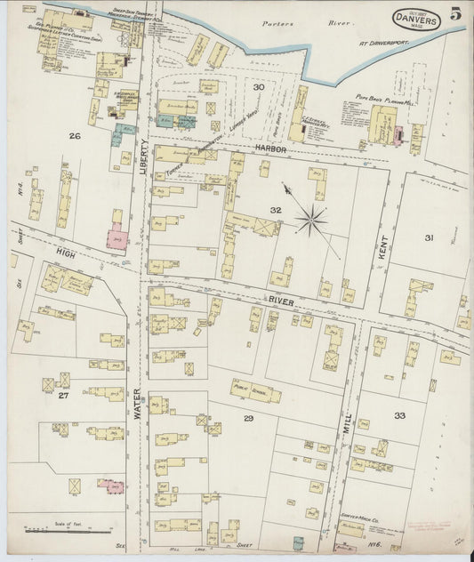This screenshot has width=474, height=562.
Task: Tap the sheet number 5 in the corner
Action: [x=455, y=13]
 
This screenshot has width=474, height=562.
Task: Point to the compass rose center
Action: [x=310, y=219]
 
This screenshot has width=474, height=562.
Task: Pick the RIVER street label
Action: [x=282, y=301]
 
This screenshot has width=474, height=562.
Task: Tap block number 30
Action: [x=258, y=87]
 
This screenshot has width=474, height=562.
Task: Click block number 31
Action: [x=430, y=237]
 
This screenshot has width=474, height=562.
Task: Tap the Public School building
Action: [x=256, y=391]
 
